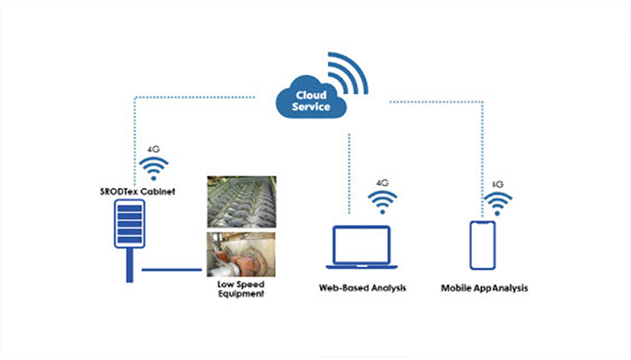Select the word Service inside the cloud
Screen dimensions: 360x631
313,107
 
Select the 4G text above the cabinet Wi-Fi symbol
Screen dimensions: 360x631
154,149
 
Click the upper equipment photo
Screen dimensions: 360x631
240,201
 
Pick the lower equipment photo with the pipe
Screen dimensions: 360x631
240,254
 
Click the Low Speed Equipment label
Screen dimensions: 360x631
240,289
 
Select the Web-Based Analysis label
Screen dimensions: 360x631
362,287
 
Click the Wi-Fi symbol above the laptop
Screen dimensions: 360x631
382,203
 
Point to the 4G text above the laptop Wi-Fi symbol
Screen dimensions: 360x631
382,184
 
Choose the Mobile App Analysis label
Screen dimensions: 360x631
485,287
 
